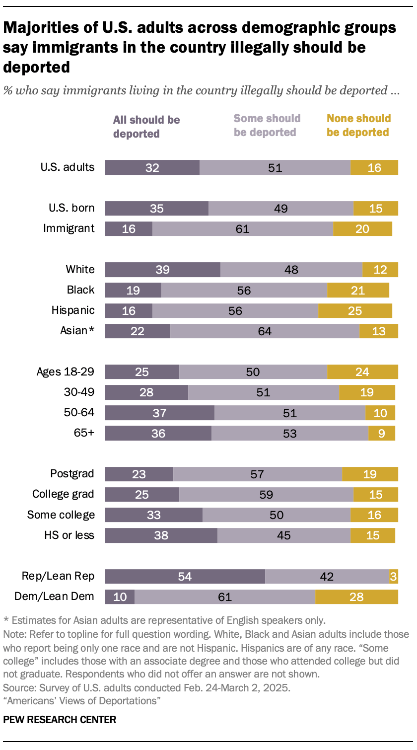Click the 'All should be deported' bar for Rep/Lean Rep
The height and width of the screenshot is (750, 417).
coord(185,576)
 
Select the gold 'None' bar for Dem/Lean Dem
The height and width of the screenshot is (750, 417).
coord(356,597)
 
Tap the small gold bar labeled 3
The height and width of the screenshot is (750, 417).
coord(393,576)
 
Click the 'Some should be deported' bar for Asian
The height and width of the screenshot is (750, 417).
coord(265,331)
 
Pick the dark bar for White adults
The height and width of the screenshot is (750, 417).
coord(162,270)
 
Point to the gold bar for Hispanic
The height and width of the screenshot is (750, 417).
coord(355,310)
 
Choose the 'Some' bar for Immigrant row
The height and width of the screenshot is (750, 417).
coord(242,229)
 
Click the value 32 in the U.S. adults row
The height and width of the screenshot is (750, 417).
coord(152,168)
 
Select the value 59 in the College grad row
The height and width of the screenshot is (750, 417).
coord(266,495)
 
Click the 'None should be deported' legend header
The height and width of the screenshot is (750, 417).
coord(358,125)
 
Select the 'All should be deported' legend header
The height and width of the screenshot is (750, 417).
coord(146,127)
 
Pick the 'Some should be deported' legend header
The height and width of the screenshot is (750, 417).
coord(267,125)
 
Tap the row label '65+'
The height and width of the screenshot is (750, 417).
coord(84,433)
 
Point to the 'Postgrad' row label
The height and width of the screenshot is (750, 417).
coord(72,474)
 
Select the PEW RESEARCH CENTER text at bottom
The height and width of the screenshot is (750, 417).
coord(60,720)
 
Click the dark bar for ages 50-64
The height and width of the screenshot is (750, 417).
coord(159,413)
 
